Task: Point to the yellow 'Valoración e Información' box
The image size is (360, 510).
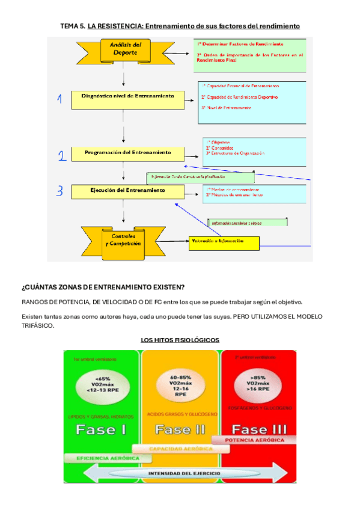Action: (224, 242)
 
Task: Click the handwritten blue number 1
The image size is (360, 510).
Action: (60, 100)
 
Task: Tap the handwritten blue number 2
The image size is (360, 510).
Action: (61, 156)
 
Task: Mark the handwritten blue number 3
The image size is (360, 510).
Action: (59, 191)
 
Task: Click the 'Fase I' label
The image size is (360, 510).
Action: (100, 429)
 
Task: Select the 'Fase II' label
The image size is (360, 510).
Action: (179, 429)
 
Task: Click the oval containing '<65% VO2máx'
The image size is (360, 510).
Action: (101, 384)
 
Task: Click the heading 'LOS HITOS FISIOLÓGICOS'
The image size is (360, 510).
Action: (180, 340)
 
